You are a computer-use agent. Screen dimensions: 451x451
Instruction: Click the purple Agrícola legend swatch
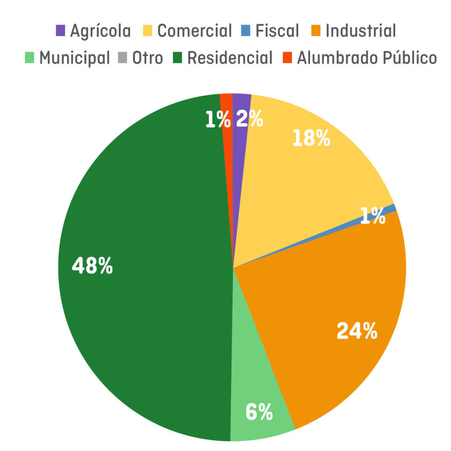pyautogui.click(x=60, y=31)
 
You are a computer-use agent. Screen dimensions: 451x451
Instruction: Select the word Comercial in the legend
pyautogui.click(x=194, y=31)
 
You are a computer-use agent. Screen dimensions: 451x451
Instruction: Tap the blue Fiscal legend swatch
pyautogui.click(x=246, y=31)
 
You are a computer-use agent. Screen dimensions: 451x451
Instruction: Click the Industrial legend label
pyautogui.click(x=361, y=31)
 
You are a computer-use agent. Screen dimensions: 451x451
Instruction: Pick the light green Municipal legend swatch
pyautogui.click(x=30, y=58)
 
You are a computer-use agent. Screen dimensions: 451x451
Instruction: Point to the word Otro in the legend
pyautogui.click(x=148, y=58)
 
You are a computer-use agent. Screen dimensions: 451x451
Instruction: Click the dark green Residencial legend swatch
pyautogui.click(x=177, y=58)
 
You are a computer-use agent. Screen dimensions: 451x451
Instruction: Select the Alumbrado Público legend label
pyautogui.click(x=367, y=58)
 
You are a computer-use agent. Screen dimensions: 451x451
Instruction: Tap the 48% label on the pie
pyautogui.click(x=92, y=266)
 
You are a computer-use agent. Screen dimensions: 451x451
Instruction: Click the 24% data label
pyautogui.click(x=357, y=331)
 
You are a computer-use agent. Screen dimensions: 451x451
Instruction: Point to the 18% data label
pyautogui.click(x=311, y=139)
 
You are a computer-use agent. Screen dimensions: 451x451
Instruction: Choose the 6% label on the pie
pyautogui.click(x=259, y=412)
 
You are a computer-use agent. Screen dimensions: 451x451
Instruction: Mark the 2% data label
pyautogui.click(x=249, y=119)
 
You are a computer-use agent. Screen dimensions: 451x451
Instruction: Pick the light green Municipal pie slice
pyautogui.click(x=255, y=374)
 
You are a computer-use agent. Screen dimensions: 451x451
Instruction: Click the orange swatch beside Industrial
pyautogui.click(x=316, y=31)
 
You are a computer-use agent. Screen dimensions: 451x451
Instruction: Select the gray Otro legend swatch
pyautogui.click(x=122, y=58)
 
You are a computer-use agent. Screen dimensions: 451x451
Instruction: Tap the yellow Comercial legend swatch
pyautogui.click(x=148, y=31)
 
